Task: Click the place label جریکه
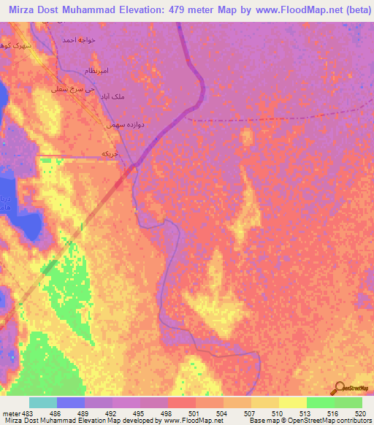point(109,153)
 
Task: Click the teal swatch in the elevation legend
point(43,402)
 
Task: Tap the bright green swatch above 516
point(320,402)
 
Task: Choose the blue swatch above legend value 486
point(71,402)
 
